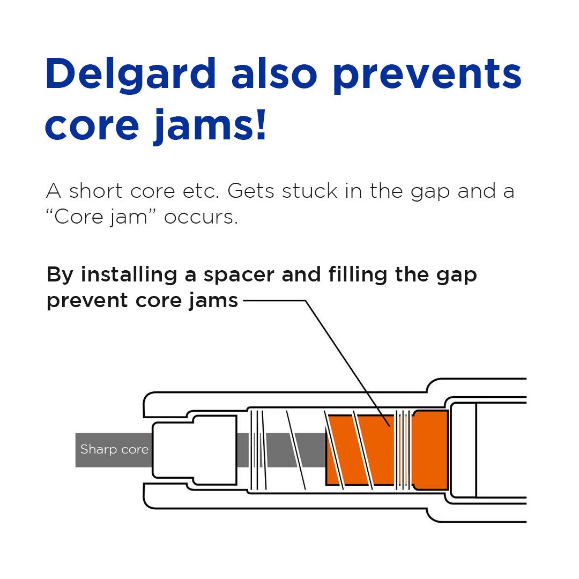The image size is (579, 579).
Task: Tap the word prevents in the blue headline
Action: pyautogui.click(x=426, y=75)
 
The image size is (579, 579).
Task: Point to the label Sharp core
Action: pyautogui.click(x=114, y=449)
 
